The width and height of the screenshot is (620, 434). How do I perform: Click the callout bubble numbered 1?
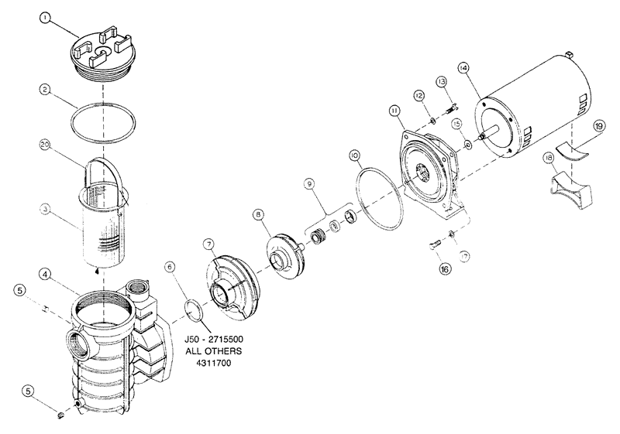pyautogui.click(x=46, y=18)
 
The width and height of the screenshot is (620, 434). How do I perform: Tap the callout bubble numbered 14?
pyautogui.click(x=463, y=68)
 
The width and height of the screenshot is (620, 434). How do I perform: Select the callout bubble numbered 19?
pyautogui.click(x=598, y=126)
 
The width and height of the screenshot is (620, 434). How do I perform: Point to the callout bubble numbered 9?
pyautogui.click(x=309, y=183)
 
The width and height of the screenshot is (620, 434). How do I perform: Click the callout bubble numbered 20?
pyautogui.click(x=45, y=145)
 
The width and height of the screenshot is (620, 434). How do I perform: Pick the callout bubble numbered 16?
pyautogui.click(x=445, y=269)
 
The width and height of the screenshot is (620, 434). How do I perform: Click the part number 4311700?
pyautogui.click(x=213, y=363)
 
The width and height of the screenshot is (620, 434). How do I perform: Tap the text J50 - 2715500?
pyautogui.click(x=214, y=339)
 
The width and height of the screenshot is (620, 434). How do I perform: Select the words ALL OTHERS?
pyautogui.click(x=214, y=350)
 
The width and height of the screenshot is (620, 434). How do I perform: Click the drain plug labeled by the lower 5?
pyautogui.click(x=61, y=415)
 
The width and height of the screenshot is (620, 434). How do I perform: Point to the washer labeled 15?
pyautogui.click(x=468, y=145)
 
